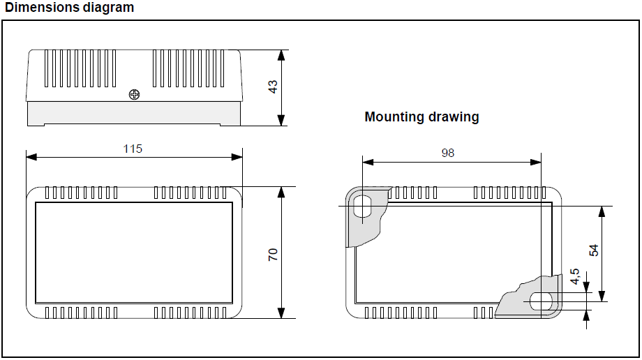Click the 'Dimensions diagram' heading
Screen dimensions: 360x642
pos(69,8)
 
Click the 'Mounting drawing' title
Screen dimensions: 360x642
pos(421,117)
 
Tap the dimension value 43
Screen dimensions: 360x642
pos(273,87)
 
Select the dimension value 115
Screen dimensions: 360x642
pos(133,149)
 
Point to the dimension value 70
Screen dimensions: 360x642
pos(273,255)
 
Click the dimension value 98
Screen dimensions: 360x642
pos(448,153)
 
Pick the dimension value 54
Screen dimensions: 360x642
pos(594,250)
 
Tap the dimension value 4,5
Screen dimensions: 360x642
pos(574,276)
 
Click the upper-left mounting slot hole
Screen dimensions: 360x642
pos(363,207)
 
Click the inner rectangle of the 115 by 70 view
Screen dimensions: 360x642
pos(134,253)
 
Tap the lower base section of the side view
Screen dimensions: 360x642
pos(134,113)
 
